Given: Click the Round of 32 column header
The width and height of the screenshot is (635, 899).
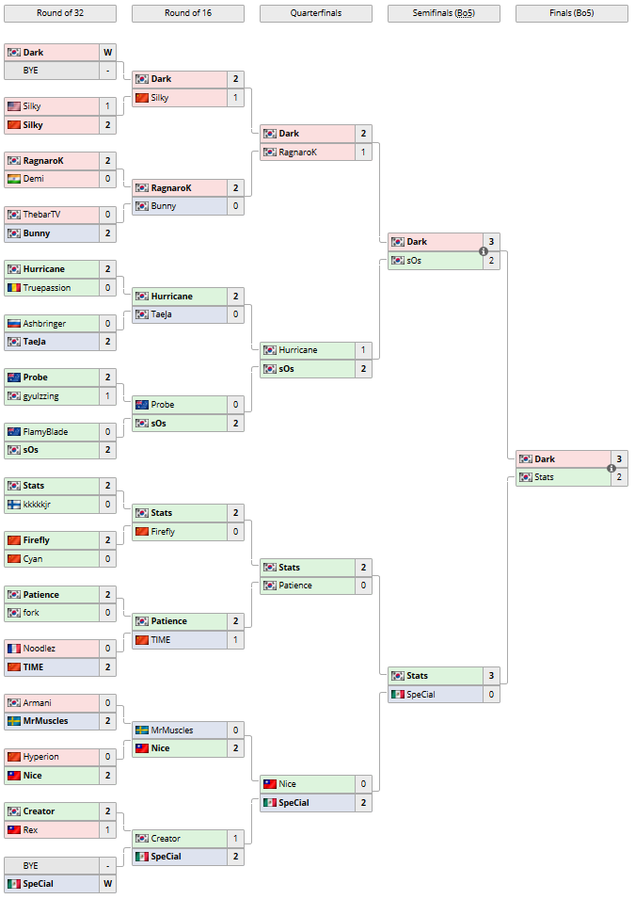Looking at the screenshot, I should tap(60, 13).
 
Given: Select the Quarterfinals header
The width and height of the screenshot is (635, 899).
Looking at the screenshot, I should tap(315, 13).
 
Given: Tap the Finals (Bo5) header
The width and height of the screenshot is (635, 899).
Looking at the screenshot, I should tap(571, 13).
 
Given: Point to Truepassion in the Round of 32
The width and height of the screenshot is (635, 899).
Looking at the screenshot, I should tap(47, 287).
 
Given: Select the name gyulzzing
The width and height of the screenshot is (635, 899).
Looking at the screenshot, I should tap(41, 396).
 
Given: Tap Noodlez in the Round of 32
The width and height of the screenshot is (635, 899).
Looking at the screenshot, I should tap(40, 648).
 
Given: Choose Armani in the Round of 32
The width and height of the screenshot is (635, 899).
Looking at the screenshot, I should tap(38, 702).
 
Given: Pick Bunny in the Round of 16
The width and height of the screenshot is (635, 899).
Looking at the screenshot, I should tap(164, 206).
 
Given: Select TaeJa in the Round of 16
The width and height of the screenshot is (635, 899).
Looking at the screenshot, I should tap(162, 314).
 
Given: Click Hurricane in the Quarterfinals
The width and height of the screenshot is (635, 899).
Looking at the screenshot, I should tap(298, 350).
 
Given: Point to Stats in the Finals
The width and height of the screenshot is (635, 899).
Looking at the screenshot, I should tap(545, 477).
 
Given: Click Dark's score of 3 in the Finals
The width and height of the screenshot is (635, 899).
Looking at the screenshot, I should tap(619, 459).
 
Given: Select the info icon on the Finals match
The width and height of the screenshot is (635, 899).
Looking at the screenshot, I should tap(611, 468).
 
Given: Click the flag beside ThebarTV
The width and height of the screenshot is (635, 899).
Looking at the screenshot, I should tap(13, 215).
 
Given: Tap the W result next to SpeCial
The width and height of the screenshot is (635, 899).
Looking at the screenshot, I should tap(107, 884).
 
